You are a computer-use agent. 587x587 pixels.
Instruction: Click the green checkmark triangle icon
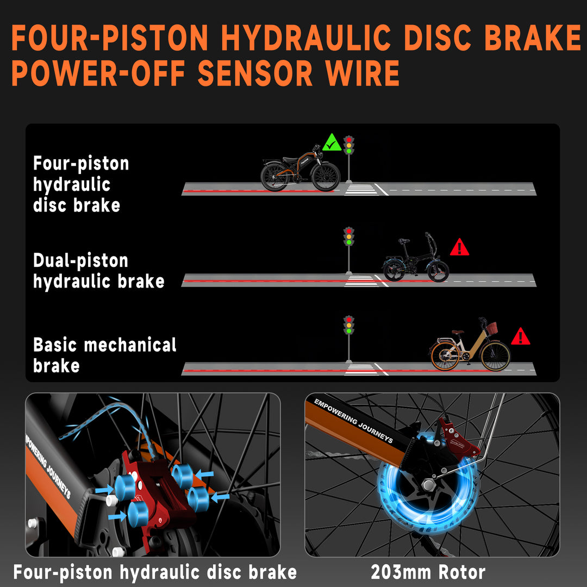point(332,142)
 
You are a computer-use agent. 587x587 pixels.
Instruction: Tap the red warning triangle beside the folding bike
point(459,247)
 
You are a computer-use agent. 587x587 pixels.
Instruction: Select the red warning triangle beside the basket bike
point(520,336)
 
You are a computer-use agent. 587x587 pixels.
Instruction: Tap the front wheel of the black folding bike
point(438,271)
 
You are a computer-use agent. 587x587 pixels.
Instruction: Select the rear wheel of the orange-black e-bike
point(275,177)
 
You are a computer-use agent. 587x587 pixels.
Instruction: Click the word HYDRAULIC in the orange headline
point(306,38)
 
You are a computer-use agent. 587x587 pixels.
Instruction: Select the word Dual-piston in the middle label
point(81,261)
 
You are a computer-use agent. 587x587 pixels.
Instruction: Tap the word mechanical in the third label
point(130,345)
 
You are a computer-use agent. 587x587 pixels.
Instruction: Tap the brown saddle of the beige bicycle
point(458,332)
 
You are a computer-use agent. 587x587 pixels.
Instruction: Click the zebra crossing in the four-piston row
point(361,190)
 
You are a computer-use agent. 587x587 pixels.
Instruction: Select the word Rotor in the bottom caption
point(462,572)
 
